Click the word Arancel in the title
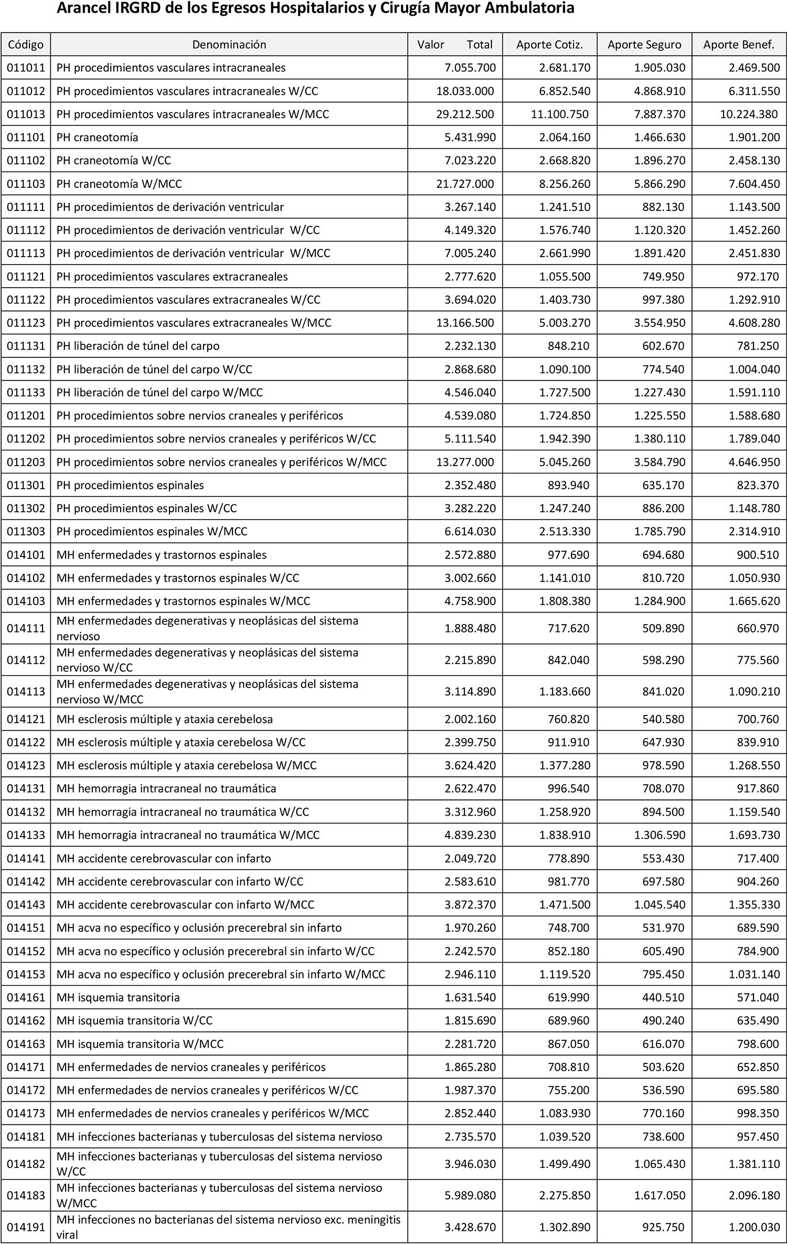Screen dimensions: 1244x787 (x=84, y=8)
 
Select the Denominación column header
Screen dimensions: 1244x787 (x=229, y=45)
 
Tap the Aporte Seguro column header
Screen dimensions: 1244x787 (x=644, y=45)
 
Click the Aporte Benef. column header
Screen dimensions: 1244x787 (x=739, y=45)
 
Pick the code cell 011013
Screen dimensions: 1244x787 (x=26, y=114)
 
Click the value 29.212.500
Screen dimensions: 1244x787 (x=465, y=114)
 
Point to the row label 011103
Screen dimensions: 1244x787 (x=26, y=184)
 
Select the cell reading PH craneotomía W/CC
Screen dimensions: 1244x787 (x=114, y=161)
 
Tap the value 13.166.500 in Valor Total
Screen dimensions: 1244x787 (x=465, y=323)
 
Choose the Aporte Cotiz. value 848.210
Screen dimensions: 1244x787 (x=565, y=346)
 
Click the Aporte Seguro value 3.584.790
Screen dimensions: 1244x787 (x=660, y=462)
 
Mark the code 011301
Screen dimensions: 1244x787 (x=26, y=485)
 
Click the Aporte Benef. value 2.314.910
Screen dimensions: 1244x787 (x=754, y=531)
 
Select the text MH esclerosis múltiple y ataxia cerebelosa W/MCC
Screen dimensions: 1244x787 (x=186, y=765)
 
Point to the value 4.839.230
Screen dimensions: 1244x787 (x=470, y=835)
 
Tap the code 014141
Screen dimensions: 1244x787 (x=26, y=858)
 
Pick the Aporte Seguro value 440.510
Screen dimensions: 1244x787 (x=663, y=997)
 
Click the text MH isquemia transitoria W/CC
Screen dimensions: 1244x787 (x=134, y=1020)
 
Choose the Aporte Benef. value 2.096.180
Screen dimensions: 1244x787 (x=754, y=1195)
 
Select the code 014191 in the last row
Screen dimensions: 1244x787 (x=26, y=1227)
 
